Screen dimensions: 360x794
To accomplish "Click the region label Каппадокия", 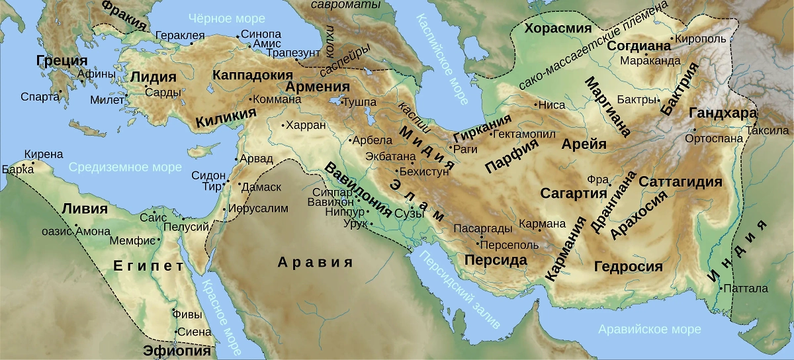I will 252,75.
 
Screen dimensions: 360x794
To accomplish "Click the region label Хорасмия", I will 557,28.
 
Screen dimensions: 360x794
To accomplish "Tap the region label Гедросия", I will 628,267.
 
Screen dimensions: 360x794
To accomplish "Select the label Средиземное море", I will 125,167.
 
